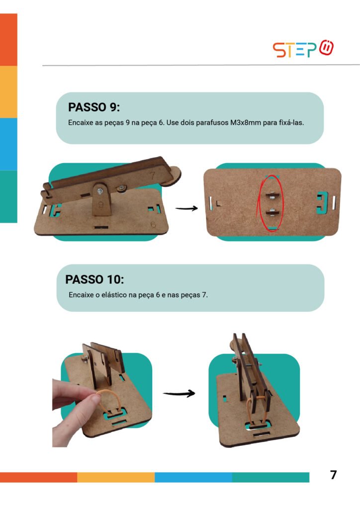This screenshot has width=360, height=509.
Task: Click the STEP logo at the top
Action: tap(303, 49)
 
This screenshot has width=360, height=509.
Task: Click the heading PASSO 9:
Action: tap(94, 107)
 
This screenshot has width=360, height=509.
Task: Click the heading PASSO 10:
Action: tap(94, 279)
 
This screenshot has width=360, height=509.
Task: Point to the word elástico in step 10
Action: tap(113, 295)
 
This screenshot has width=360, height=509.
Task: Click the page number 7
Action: tap(333, 475)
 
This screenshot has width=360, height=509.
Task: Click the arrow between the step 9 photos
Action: tap(186, 208)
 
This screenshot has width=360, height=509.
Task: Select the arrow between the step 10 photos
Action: tap(179, 394)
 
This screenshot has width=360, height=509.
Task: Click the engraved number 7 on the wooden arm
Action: tap(152, 175)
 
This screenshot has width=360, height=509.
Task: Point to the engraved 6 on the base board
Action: tap(153, 224)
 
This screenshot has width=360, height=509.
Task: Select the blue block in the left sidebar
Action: tap(8, 144)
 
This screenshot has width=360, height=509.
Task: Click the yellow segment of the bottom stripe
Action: tap(116, 477)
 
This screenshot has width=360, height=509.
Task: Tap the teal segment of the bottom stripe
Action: tap(270, 477)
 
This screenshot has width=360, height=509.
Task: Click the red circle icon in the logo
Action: tap(326, 48)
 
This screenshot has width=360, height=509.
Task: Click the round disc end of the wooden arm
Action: tap(172, 177)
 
